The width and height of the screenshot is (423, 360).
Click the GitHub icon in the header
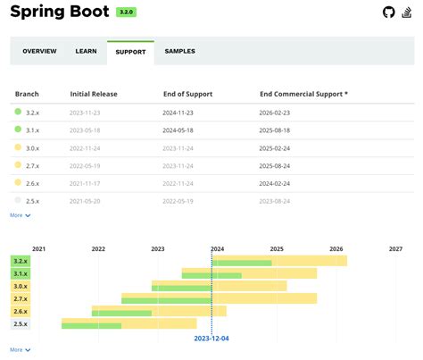(387, 12)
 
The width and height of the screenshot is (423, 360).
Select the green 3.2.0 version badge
(126, 13)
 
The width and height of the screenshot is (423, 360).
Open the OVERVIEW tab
(39, 51)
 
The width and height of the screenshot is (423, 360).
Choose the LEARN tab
(86, 51)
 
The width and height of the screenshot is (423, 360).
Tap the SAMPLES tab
(179, 51)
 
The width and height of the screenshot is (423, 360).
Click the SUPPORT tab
(130, 52)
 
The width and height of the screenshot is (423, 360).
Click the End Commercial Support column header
(303, 93)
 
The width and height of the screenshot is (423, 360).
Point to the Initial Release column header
(94, 93)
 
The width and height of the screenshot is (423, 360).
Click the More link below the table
(21, 215)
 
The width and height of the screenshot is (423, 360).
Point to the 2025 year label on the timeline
(277, 249)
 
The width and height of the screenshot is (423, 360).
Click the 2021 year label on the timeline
(38, 249)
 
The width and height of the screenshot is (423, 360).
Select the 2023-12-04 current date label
(211, 339)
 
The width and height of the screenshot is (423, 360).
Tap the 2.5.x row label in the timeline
(20, 323)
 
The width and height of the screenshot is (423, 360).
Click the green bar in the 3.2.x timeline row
(242, 263)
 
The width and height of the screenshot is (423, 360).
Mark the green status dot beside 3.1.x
(18, 130)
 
